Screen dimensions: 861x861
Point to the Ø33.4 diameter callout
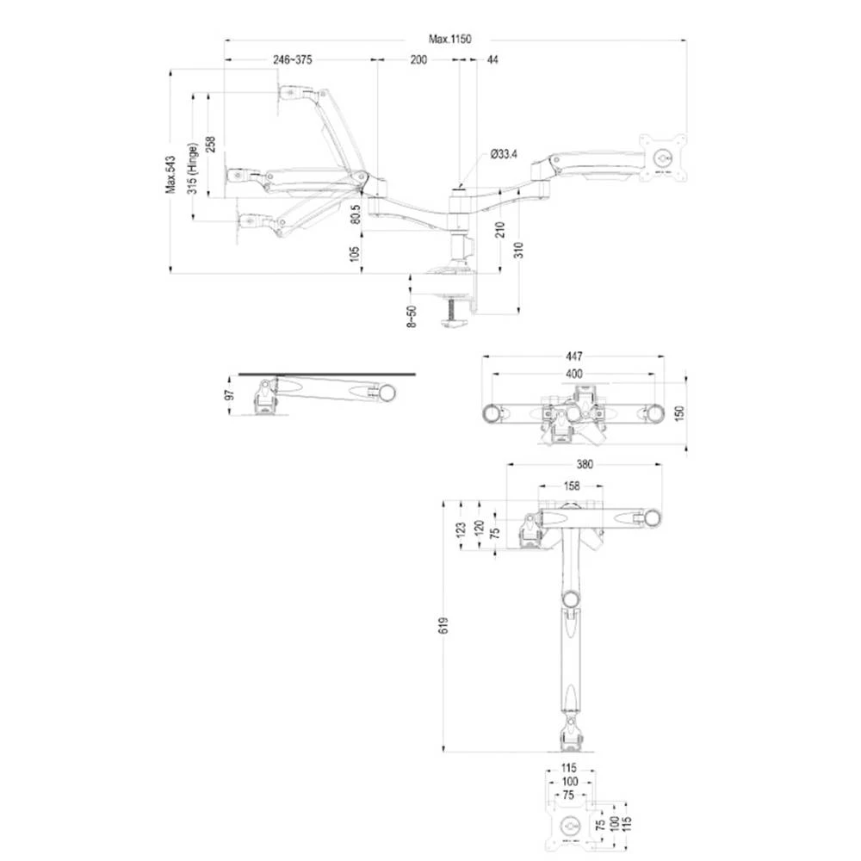point(504,154)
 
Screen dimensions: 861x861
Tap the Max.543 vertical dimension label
point(170,175)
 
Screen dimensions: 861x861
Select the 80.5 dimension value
point(355,213)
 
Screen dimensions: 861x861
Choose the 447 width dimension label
point(574,356)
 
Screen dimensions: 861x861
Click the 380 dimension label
point(585,464)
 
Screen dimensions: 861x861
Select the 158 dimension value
point(571,486)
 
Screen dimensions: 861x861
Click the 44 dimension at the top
point(492,59)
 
